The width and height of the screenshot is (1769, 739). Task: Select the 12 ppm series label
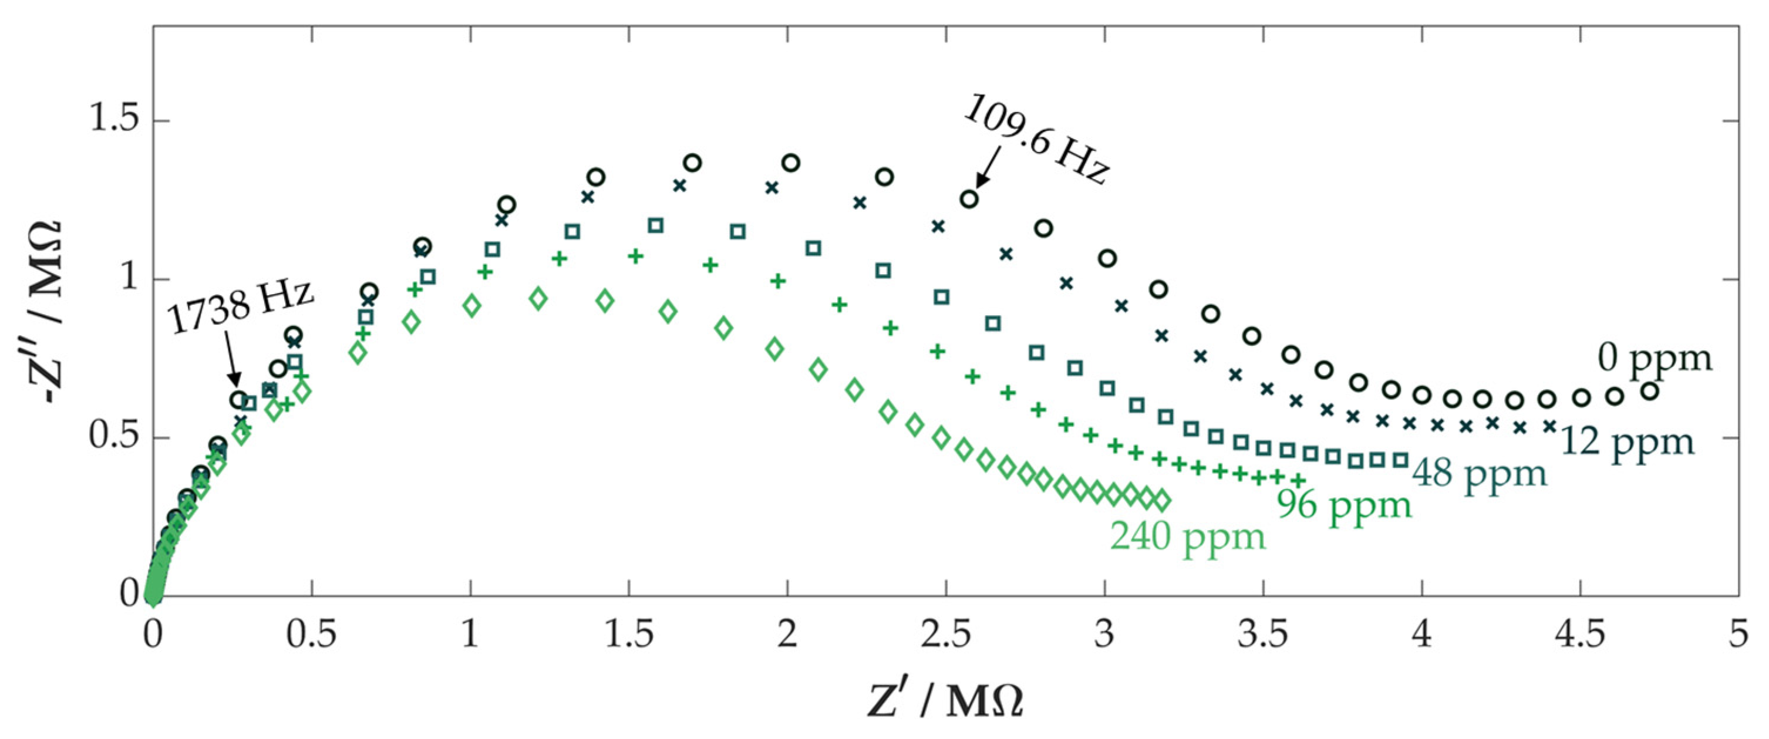(1627, 443)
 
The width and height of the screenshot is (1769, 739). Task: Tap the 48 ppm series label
(1480, 474)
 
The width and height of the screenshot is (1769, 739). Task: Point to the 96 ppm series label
(1344, 506)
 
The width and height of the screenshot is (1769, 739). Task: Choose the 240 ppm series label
(1188, 536)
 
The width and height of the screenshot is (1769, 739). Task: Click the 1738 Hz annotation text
(240, 306)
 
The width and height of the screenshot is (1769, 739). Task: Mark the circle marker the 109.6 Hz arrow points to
(969, 199)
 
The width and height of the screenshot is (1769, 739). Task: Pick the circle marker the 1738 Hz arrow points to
(238, 400)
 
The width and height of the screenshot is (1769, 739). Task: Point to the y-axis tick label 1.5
(114, 120)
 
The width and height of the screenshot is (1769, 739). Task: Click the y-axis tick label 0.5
(114, 437)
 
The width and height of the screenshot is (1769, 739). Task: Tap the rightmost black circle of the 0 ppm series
(1649, 392)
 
